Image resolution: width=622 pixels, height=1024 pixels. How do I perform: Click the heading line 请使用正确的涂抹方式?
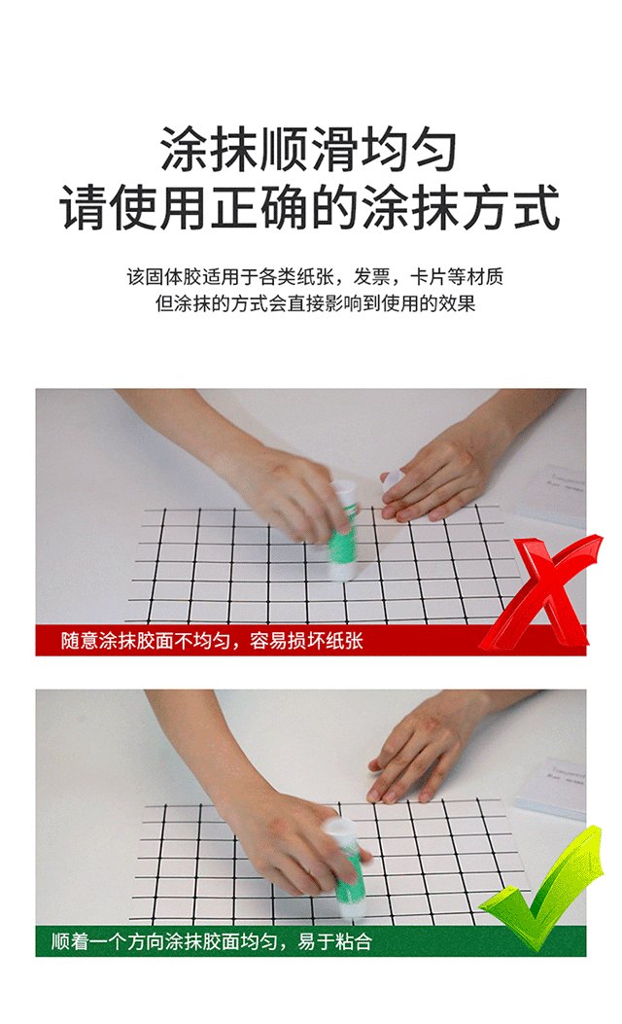point(311,207)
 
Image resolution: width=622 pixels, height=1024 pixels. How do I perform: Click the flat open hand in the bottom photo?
point(418,754)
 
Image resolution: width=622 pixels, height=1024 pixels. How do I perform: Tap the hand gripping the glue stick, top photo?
point(282,491)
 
